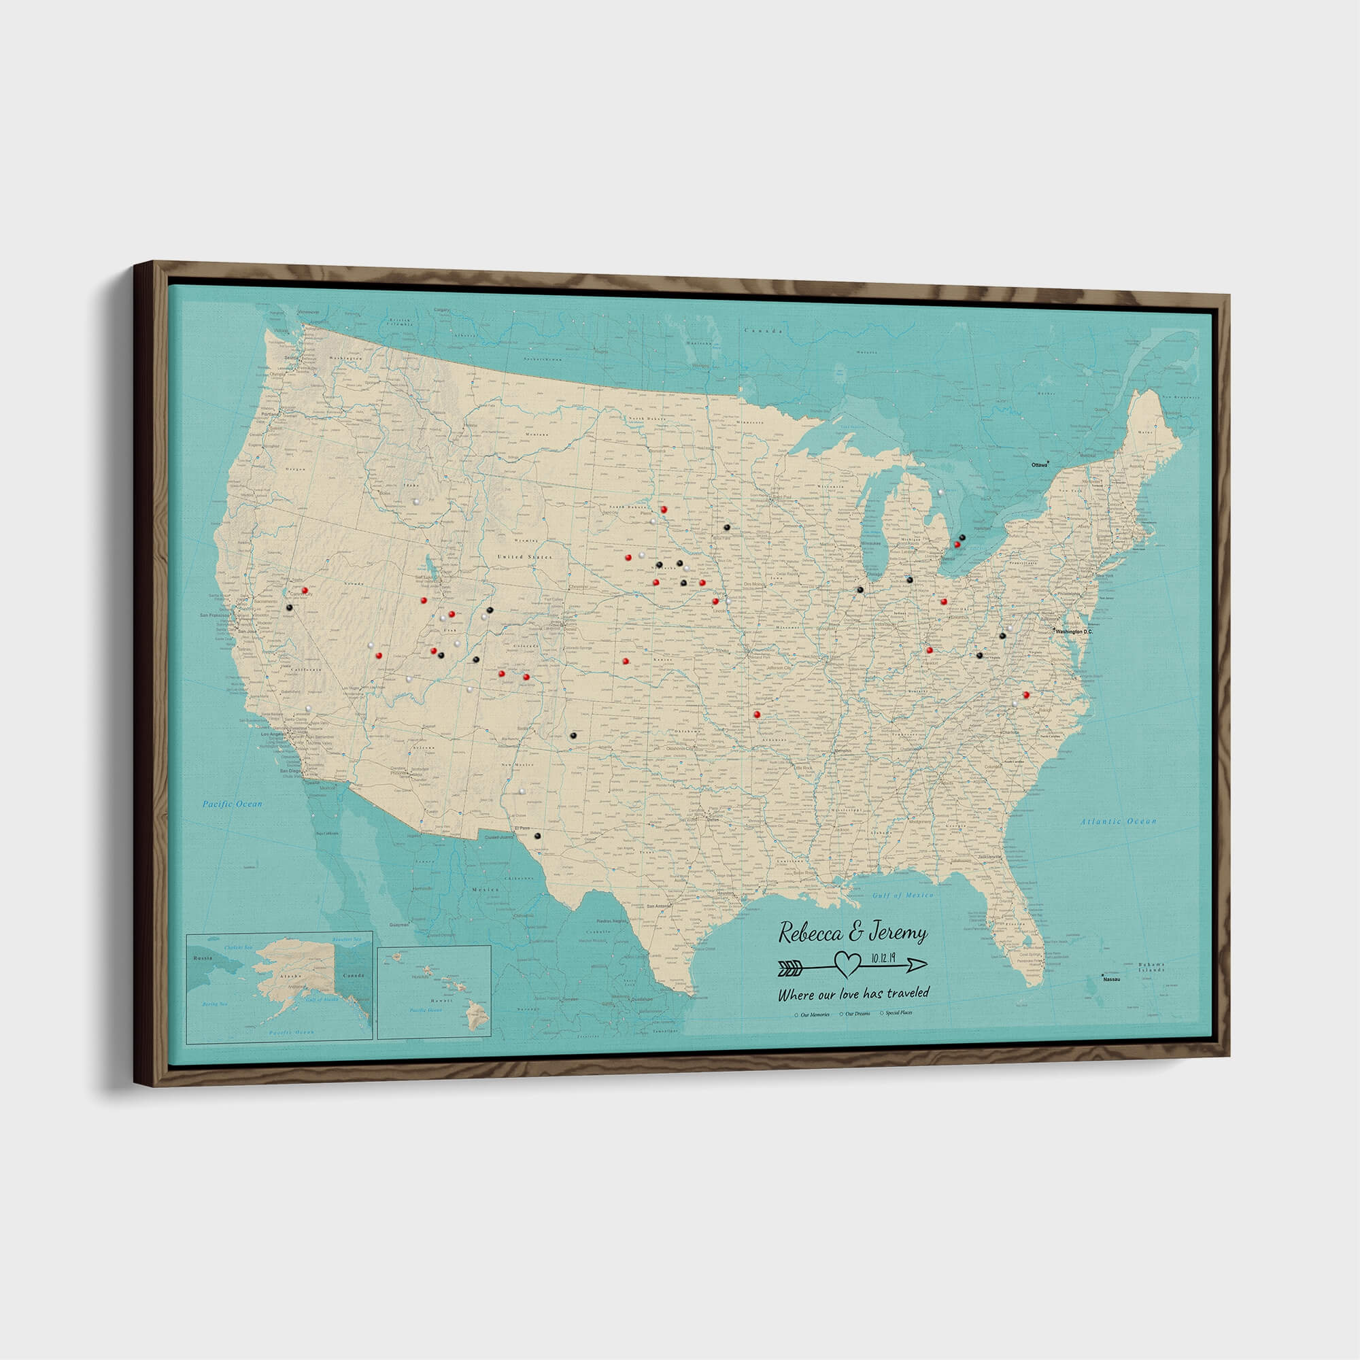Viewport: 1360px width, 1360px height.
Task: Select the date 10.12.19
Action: click(883, 957)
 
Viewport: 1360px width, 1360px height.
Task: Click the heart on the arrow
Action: click(847, 964)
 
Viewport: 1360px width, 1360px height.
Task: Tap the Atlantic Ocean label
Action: click(1119, 821)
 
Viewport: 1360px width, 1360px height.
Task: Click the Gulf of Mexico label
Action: click(902, 896)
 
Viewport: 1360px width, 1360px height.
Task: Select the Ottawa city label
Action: click(1038, 465)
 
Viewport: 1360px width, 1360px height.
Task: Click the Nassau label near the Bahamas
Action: click(1111, 979)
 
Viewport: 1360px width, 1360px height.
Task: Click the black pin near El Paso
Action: click(537, 836)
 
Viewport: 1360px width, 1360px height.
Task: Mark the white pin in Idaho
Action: click(418, 501)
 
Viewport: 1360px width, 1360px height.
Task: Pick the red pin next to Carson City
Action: click(305, 590)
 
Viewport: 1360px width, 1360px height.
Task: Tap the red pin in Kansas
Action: click(625, 660)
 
